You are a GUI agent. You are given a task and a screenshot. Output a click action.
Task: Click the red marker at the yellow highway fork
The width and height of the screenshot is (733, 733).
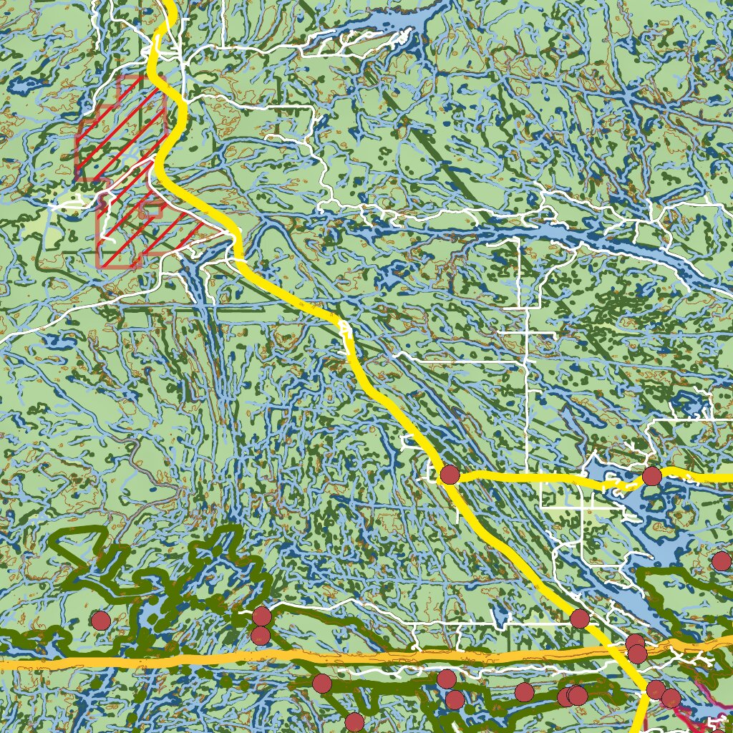(450, 474)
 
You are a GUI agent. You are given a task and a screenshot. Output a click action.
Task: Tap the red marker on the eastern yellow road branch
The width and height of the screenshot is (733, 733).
(651, 476)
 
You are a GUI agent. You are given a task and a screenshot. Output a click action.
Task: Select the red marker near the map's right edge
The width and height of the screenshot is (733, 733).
(722, 561)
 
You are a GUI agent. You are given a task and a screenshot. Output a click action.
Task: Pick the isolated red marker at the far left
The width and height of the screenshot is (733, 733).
(101, 621)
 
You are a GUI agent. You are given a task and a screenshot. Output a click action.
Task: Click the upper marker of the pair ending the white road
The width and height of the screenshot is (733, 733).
(262, 616)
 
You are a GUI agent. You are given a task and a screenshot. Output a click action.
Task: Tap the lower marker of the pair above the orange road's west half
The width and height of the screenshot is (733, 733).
(261, 636)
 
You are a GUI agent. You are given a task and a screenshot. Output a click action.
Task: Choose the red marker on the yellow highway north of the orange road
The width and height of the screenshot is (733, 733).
(580, 618)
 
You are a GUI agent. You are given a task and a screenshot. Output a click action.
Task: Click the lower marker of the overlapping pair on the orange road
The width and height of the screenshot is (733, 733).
(637, 654)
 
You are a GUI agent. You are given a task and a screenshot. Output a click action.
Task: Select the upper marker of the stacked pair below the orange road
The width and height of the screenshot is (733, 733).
(447, 679)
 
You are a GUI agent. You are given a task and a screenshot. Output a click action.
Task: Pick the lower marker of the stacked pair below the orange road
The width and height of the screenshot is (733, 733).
(455, 699)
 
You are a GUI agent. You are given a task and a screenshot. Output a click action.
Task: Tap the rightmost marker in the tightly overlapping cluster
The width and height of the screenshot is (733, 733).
(578, 695)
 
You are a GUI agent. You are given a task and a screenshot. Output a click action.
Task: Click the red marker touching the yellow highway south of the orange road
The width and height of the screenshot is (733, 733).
(656, 690)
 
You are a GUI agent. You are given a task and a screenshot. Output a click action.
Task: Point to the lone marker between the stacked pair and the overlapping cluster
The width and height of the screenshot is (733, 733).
(524, 691)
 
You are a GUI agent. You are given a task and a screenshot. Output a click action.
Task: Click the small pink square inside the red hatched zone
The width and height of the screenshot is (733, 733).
(150, 210)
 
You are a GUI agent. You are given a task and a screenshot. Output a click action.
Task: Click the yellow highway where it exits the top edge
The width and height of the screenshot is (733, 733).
(170, 4)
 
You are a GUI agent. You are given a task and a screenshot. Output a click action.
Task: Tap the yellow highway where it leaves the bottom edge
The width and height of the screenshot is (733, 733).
(640, 729)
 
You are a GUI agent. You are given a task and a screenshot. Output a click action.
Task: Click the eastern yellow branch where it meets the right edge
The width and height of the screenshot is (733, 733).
(729, 477)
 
